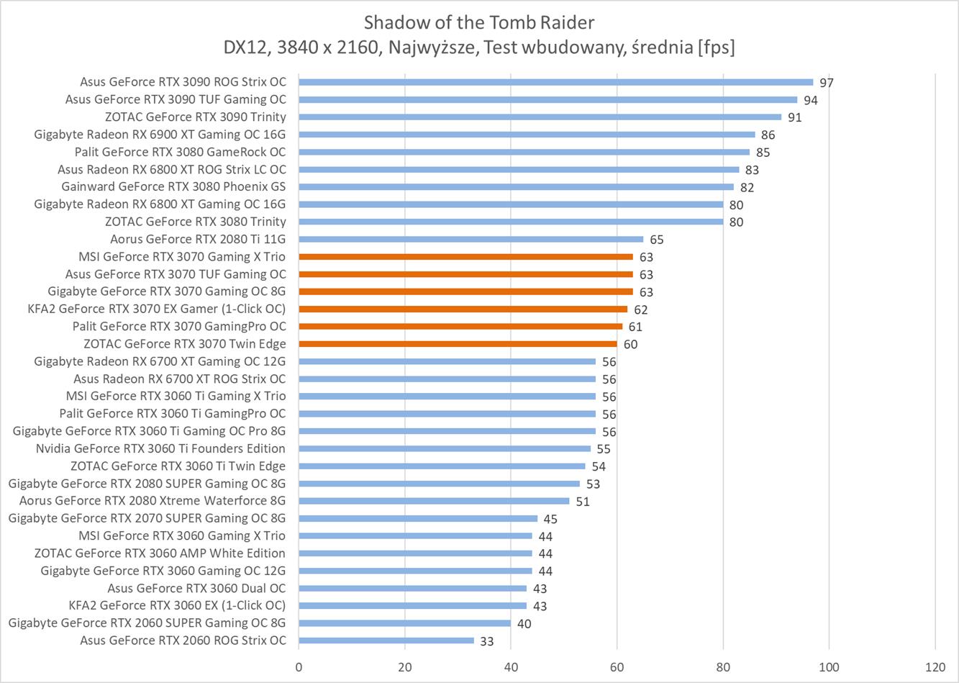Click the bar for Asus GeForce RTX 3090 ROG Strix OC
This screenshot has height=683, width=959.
pyautogui.click(x=555, y=82)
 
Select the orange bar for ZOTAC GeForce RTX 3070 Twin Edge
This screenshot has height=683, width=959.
pyautogui.click(x=458, y=344)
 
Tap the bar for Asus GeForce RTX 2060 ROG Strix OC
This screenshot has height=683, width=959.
pyautogui.click(x=386, y=641)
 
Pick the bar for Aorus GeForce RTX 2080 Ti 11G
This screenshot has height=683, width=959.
pyautogui.click(x=471, y=239)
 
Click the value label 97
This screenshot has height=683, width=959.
pyautogui.click(x=827, y=83)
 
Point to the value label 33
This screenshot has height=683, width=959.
pyautogui.click(x=486, y=641)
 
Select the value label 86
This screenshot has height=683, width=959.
pyautogui.click(x=768, y=135)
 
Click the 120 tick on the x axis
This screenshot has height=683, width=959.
pyautogui.click(x=935, y=666)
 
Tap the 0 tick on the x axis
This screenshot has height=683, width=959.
pyautogui.click(x=299, y=666)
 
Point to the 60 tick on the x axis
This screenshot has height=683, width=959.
pyautogui.click(x=617, y=666)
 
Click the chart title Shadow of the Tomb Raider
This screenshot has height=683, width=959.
pyautogui.click(x=479, y=22)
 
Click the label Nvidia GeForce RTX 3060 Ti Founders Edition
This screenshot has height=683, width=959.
pyautogui.click(x=160, y=448)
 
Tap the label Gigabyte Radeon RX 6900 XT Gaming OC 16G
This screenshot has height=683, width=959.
pyautogui.click(x=160, y=134)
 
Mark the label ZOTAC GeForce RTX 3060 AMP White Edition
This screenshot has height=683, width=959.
pyautogui.click(x=160, y=553)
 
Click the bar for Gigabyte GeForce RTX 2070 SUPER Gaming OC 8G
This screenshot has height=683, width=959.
pyautogui.click(x=418, y=518)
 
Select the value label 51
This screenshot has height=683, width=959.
pyautogui.click(x=582, y=502)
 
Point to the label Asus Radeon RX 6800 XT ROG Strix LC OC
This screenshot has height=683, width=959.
pyautogui.click(x=172, y=169)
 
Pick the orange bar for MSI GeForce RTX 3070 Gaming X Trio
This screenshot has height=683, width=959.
pyautogui.click(x=465, y=256)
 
